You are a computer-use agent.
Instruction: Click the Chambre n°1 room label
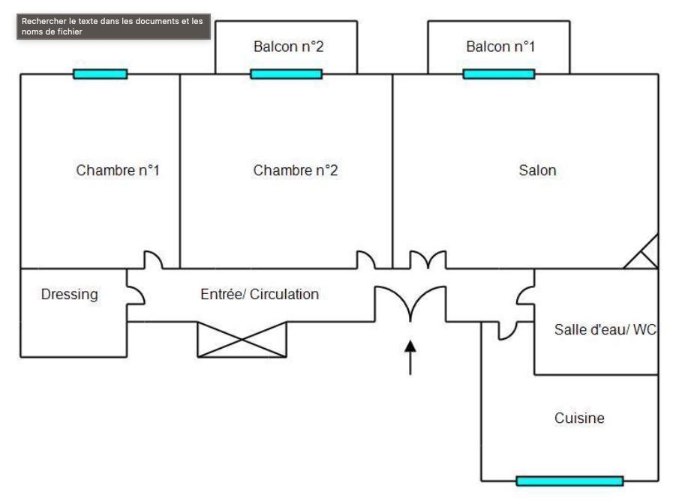[x=118, y=170]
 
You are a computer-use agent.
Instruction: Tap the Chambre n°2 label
[x=296, y=170]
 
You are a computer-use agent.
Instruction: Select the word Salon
[x=537, y=170]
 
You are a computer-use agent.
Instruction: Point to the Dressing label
[x=69, y=294]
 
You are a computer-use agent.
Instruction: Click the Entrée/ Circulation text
[x=260, y=294]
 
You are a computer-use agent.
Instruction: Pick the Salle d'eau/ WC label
[x=605, y=328]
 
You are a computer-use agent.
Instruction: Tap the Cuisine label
[x=579, y=418]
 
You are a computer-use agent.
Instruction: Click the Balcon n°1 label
[x=500, y=46]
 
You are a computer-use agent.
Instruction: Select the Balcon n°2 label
[x=288, y=46]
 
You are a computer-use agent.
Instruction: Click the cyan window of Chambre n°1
[x=100, y=73]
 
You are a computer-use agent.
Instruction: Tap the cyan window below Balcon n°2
[x=286, y=73]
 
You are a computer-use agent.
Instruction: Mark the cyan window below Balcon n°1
[x=499, y=73]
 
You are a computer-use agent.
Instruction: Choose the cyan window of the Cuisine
[x=569, y=481]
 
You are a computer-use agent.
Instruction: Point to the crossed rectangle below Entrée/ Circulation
[x=242, y=339]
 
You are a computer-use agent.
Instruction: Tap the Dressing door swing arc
[x=136, y=295]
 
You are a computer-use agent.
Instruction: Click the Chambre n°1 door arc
[x=153, y=259]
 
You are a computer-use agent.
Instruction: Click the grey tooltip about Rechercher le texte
[x=113, y=26]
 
